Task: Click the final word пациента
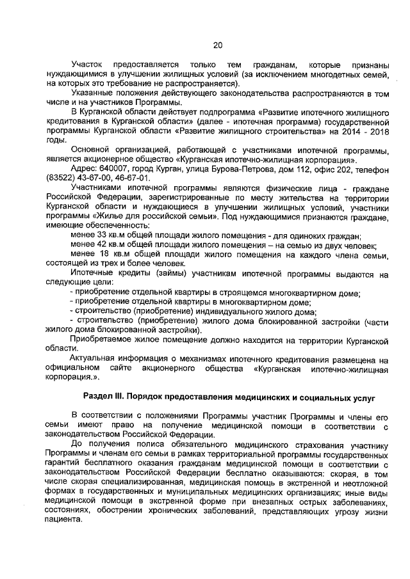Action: pyautogui.click(x=65, y=520)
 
